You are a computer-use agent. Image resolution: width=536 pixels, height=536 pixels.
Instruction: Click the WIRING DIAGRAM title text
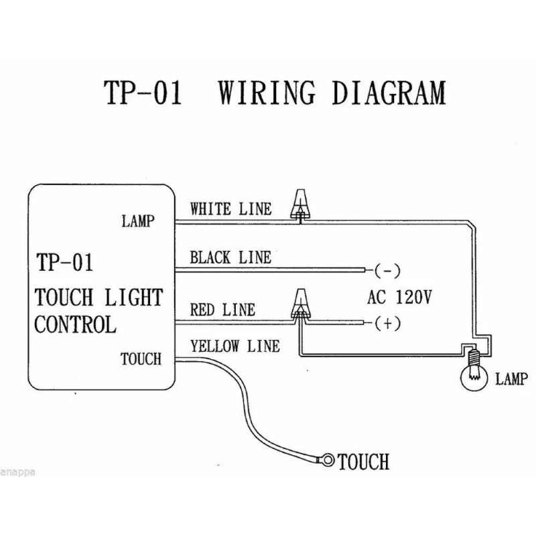(x=332, y=94)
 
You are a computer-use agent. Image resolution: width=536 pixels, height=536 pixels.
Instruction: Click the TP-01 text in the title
(x=143, y=94)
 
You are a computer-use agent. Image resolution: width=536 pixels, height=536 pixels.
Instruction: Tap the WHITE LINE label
(x=231, y=209)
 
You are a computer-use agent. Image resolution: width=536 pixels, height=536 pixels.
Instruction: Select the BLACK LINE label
(x=230, y=258)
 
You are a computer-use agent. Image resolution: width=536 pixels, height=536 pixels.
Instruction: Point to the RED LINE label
(x=222, y=310)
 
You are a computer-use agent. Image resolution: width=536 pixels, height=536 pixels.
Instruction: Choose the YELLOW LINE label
(x=234, y=346)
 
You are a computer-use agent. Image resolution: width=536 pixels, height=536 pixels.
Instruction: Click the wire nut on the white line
(x=300, y=204)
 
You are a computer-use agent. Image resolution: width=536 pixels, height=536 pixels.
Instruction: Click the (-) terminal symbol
(x=387, y=271)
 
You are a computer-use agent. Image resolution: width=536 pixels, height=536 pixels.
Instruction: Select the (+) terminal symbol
(x=387, y=324)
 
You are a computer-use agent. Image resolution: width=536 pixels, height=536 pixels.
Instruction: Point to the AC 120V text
(x=399, y=297)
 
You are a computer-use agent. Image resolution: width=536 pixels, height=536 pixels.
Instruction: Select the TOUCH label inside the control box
(x=141, y=359)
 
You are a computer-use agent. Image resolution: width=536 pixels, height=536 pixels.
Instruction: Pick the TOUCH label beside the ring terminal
(x=364, y=462)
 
